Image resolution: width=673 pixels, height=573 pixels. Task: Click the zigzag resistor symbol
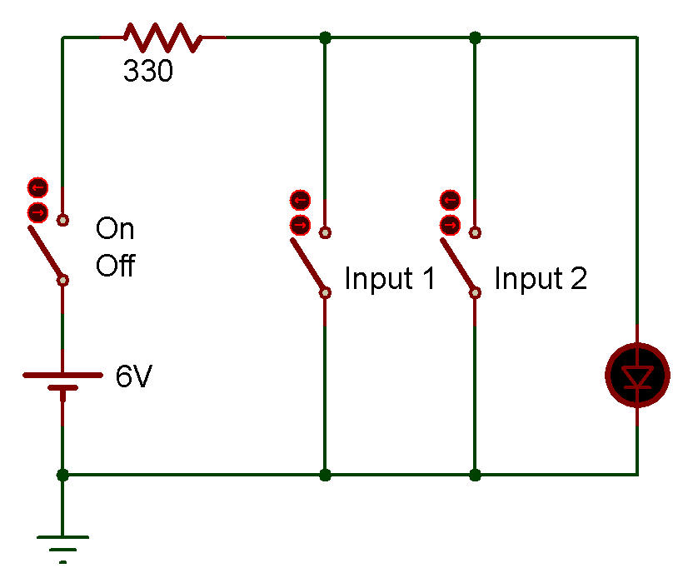pos(162,37)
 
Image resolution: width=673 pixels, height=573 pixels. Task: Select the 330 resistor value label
pos(148,71)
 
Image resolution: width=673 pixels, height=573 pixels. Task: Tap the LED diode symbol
pos(637,375)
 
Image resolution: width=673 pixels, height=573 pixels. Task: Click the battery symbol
pos(62,381)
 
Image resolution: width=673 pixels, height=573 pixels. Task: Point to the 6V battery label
pos(134,376)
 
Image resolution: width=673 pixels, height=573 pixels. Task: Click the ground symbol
pos(62,549)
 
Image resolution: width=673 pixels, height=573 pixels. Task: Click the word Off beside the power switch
pos(116,265)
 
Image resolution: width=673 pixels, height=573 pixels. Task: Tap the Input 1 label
pos(390,278)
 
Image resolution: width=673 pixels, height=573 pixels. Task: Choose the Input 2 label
pos(541,278)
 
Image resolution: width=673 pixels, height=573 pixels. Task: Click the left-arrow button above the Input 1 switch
pos(300,200)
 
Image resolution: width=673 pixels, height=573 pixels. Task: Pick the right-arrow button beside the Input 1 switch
pos(300,225)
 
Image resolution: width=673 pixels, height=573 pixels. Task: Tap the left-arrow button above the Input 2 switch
pos(450,200)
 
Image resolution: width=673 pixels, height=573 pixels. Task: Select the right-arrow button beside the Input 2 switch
pos(450,225)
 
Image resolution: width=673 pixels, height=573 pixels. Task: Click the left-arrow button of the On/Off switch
pos(37,187)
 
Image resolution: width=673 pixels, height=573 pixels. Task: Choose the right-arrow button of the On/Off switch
pos(37,212)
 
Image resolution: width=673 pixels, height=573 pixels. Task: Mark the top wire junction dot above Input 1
pos(326,37)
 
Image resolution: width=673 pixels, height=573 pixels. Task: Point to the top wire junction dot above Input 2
pos(475,37)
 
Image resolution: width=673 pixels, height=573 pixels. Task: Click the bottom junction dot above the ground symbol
pos(62,475)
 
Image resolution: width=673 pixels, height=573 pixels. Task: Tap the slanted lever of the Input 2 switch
pos(458,265)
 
